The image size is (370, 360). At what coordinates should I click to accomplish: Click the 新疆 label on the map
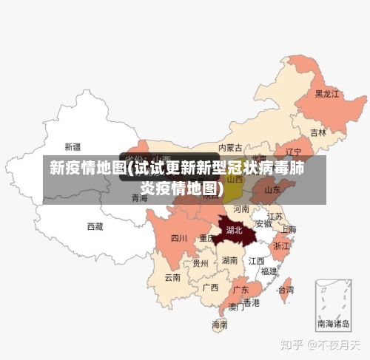(73, 146)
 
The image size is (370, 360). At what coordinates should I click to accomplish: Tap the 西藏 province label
(95, 225)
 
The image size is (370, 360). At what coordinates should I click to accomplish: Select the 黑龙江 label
(326, 94)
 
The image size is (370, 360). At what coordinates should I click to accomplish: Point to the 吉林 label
(318, 133)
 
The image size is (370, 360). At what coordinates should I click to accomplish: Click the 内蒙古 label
(230, 147)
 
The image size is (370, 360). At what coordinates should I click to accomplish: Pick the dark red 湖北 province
(235, 230)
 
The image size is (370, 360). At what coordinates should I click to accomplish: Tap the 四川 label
(179, 238)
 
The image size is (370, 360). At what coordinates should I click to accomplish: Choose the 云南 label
(172, 277)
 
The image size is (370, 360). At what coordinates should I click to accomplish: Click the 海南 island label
(220, 323)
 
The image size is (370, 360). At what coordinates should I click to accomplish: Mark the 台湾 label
(285, 291)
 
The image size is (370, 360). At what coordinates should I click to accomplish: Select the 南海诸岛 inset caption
(335, 323)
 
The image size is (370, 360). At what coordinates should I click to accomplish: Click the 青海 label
(139, 198)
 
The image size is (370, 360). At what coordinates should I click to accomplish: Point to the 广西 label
(210, 287)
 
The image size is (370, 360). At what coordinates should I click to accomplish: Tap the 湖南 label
(229, 260)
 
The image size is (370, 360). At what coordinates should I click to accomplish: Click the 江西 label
(256, 261)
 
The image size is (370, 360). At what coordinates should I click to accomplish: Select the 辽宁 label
(294, 152)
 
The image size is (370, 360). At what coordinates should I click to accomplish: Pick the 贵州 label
(201, 262)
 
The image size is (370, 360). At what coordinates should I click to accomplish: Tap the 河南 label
(241, 209)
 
